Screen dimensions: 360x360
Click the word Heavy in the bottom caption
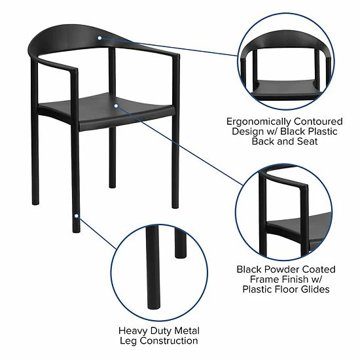(x=134, y=331)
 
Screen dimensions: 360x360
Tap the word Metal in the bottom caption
(x=185, y=331)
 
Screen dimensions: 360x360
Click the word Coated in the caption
(x=318, y=269)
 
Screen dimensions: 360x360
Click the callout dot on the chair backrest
(x=99, y=38)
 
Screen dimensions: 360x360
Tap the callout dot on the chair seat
(x=116, y=105)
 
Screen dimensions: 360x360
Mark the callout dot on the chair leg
(x=77, y=215)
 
